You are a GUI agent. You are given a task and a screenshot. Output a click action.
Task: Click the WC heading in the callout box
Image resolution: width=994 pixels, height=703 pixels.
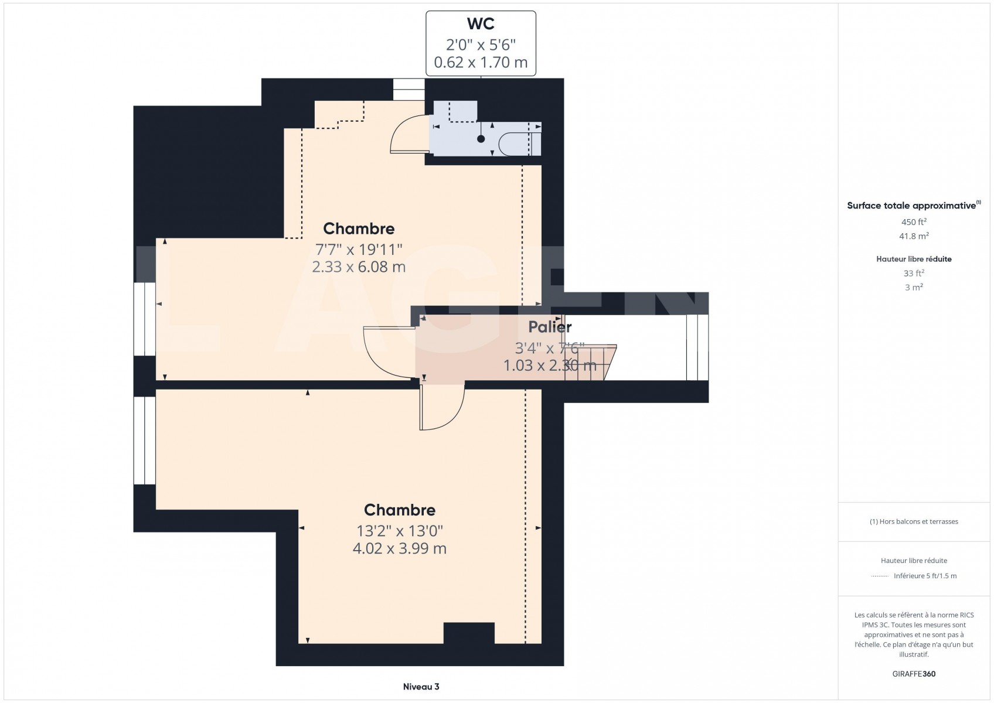(481, 23)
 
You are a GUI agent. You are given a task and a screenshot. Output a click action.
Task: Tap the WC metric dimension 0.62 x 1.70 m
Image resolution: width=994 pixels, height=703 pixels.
(481, 62)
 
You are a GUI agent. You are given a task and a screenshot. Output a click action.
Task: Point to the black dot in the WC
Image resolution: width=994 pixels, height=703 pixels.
(481, 139)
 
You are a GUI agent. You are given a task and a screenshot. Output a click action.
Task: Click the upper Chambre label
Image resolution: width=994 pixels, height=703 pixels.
(359, 228)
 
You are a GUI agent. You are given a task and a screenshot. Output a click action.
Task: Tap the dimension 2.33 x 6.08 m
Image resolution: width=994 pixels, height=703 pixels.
(359, 267)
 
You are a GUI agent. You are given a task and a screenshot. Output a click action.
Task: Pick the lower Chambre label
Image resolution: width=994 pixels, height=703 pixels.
(399, 510)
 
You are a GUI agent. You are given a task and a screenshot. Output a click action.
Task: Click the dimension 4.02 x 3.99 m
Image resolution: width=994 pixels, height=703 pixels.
(399, 548)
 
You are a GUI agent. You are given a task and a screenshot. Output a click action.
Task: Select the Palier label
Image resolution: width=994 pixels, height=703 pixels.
(550, 327)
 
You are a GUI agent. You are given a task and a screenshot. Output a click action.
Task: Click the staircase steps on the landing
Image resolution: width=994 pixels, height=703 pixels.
(590, 363)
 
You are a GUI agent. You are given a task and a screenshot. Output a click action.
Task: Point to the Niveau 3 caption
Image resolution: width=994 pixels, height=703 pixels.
(421, 687)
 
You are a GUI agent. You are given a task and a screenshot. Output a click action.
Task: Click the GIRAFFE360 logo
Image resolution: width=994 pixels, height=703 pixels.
(914, 674)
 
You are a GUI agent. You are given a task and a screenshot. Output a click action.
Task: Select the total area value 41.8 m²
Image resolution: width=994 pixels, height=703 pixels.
(914, 236)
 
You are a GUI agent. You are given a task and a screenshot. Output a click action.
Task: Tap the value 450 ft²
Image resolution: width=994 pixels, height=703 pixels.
(914, 221)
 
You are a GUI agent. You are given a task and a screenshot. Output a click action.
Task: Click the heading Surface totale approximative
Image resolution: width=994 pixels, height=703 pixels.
(911, 206)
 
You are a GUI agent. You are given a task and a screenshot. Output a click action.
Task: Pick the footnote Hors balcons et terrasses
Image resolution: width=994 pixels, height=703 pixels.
(914, 521)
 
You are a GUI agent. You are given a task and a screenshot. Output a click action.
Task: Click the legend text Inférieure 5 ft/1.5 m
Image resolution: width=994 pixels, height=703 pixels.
(925, 576)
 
